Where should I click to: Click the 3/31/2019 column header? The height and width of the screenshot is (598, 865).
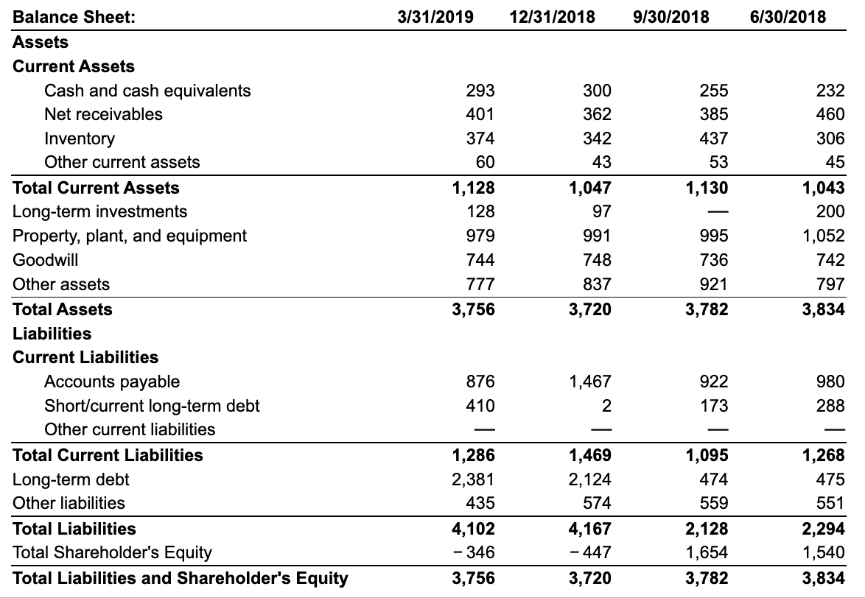point(435,16)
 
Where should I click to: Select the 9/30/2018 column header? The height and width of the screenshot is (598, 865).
point(670,16)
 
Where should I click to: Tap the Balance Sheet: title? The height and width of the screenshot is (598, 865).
point(74,16)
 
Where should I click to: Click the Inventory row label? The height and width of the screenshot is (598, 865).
point(80,138)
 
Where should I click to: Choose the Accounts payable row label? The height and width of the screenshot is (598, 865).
point(112,381)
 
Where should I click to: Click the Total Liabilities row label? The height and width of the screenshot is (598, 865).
point(74,528)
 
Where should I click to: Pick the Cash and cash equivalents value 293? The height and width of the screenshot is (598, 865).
point(480,91)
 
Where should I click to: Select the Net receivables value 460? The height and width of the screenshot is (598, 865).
point(830,114)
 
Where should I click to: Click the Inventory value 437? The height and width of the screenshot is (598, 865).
point(713,138)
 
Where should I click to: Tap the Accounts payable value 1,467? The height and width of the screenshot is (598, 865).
point(589,381)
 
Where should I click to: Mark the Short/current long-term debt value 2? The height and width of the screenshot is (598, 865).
point(606,406)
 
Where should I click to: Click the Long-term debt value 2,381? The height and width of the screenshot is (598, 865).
point(473,479)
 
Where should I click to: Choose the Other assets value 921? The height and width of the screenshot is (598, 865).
point(713,284)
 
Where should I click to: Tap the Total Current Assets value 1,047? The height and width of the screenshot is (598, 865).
point(589,188)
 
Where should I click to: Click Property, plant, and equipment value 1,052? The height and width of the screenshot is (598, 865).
point(823,236)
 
